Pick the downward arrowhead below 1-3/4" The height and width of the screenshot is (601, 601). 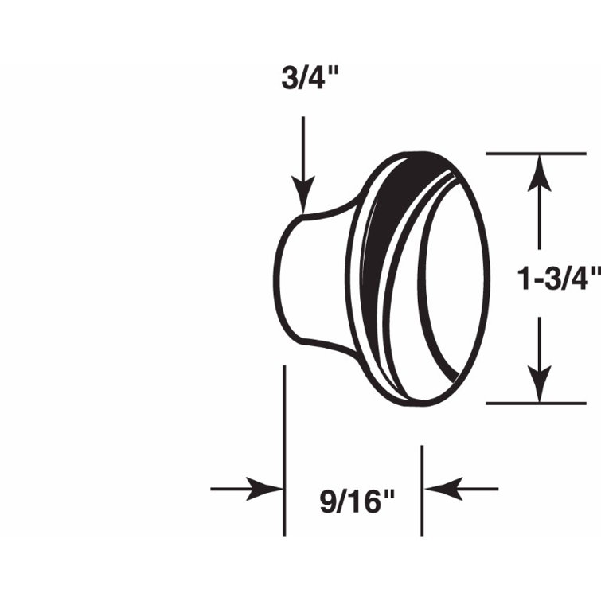click(x=541, y=386)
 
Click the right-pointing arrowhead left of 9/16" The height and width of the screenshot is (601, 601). click(x=267, y=489)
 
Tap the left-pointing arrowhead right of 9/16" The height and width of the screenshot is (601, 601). click(x=440, y=489)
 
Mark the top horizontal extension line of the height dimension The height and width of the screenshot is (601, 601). click(x=525, y=152)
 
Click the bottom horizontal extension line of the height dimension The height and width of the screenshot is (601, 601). click(x=525, y=403)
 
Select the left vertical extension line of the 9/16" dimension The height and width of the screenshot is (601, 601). click(x=284, y=450)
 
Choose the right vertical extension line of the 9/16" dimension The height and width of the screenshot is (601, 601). click(x=423, y=490)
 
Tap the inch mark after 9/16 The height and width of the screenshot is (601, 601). click(x=388, y=496)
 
